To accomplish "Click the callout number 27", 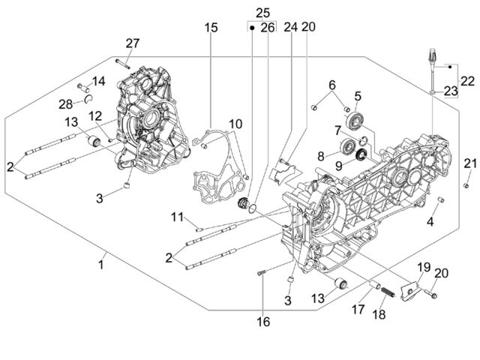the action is (133, 43).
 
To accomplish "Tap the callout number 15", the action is (211, 28).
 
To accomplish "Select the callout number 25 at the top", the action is (262, 13).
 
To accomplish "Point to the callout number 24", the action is (290, 27).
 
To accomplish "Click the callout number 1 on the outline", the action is (101, 265).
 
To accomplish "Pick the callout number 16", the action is (263, 322).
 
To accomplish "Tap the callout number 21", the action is (470, 163).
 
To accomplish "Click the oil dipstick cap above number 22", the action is (432, 55).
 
